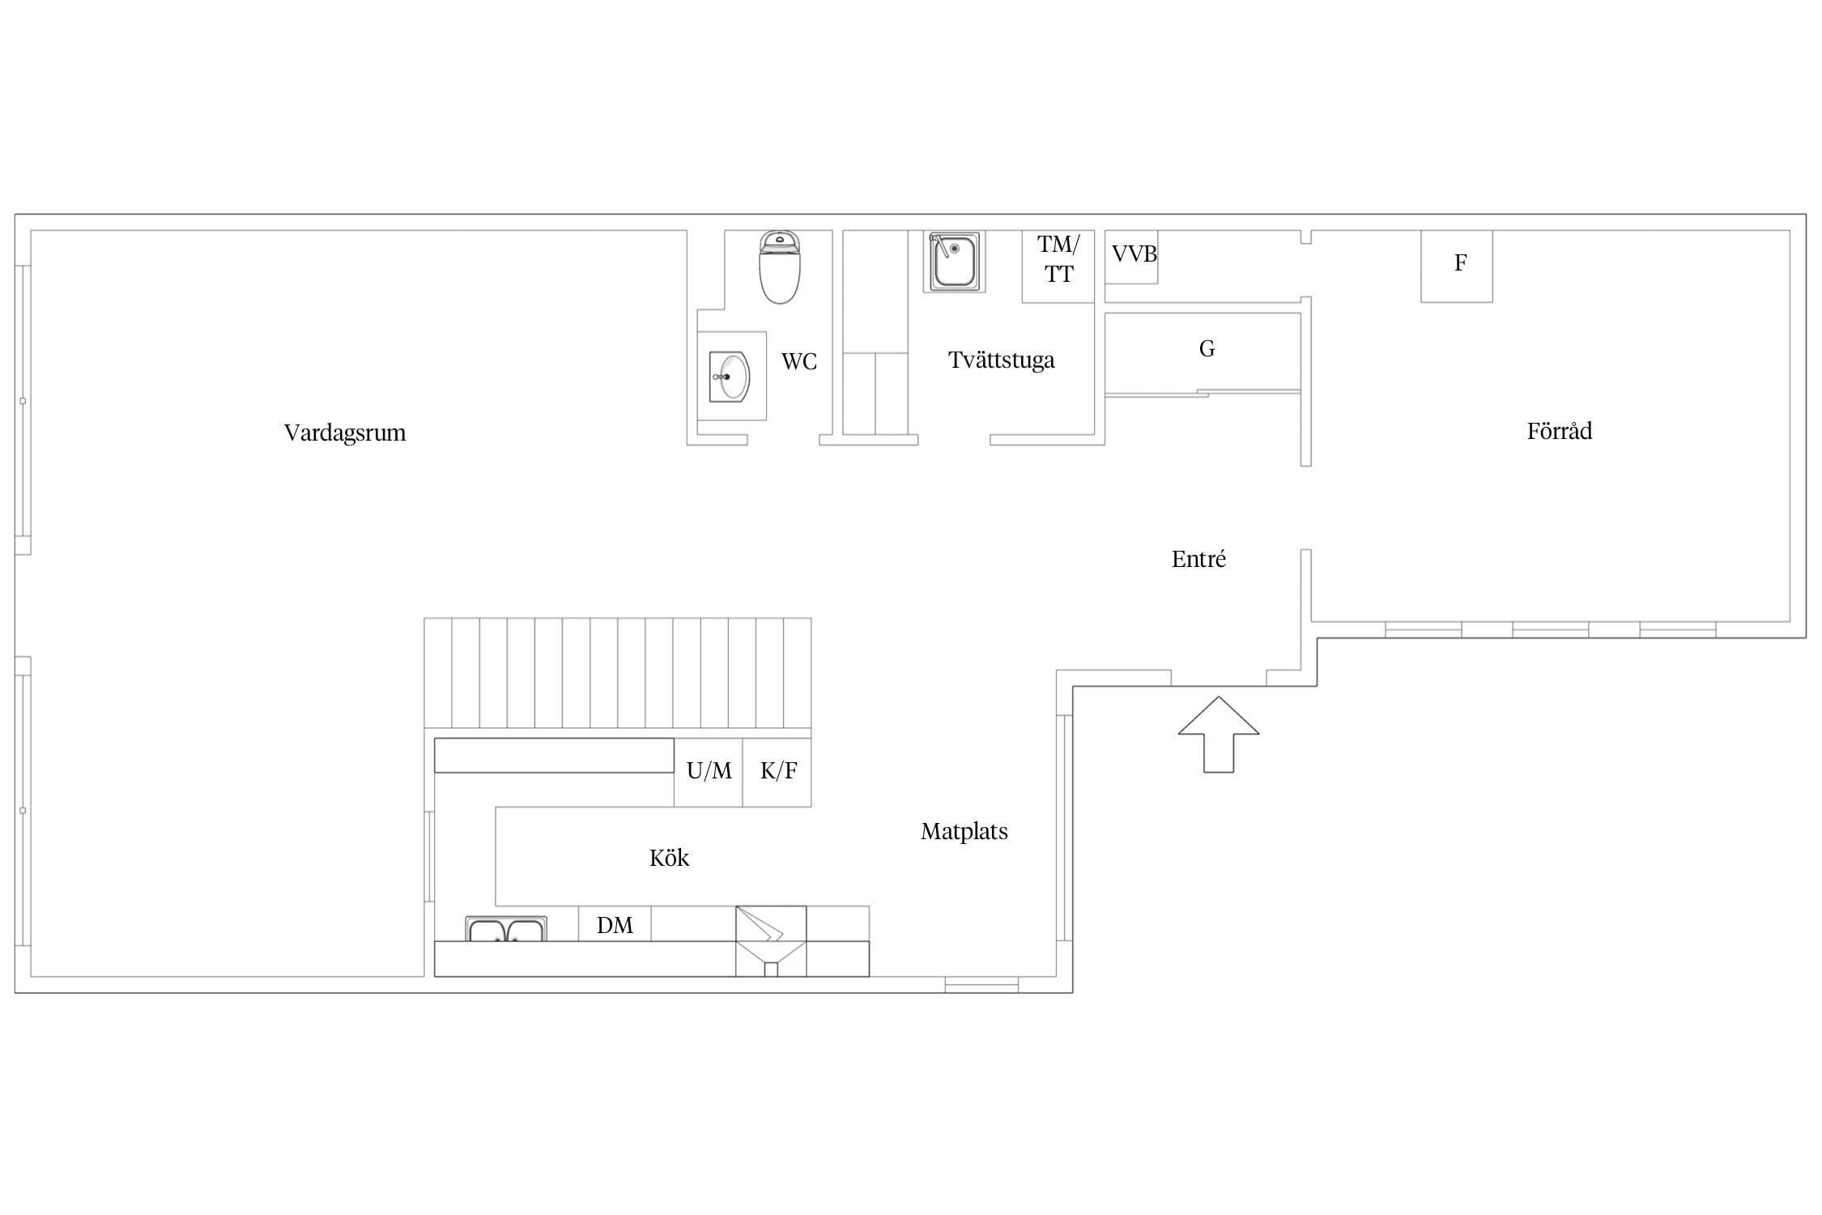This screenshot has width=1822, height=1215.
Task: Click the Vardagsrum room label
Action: coord(345,433)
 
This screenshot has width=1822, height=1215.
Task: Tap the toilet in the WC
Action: coord(780,267)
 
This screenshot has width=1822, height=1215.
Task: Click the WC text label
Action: coord(799,361)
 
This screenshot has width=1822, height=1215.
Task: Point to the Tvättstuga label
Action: coord(1002,360)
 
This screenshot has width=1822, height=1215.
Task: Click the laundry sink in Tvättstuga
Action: coord(954,262)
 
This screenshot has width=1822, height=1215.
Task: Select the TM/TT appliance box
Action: coord(1058,266)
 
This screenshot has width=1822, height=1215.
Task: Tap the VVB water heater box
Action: coord(1132,257)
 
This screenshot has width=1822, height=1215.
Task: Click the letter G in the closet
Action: coord(1207,349)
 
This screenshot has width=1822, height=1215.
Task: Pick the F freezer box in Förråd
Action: coord(1457,266)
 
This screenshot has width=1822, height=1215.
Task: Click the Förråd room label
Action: coord(1560,430)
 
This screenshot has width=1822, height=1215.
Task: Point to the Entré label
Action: coord(1198,559)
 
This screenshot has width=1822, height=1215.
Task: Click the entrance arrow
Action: coord(1219,735)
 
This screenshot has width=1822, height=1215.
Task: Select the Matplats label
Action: coord(964,832)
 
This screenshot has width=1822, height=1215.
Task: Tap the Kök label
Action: coord(669,858)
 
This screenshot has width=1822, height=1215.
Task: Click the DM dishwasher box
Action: coord(615,923)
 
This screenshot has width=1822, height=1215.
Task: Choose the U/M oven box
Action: coord(709,772)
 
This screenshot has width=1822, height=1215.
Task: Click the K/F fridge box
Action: coord(777,772)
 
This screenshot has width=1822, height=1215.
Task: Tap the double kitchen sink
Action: coord(506,929)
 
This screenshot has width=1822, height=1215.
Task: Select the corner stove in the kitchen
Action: coord(771,940)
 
